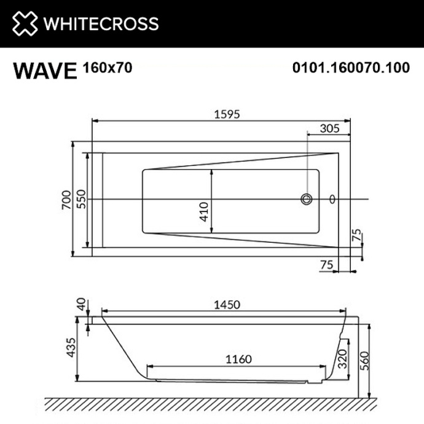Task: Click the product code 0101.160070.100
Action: click(x=352, y=67)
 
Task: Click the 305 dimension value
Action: click(x=330, y=128)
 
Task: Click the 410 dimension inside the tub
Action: click(x=205, y=211)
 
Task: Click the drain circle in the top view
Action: click(x=306, y=199)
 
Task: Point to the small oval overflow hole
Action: click(x=332, y=199)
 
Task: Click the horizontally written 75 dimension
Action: click(x=327, y=264)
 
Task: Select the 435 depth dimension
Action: click(x=71, y=348)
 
